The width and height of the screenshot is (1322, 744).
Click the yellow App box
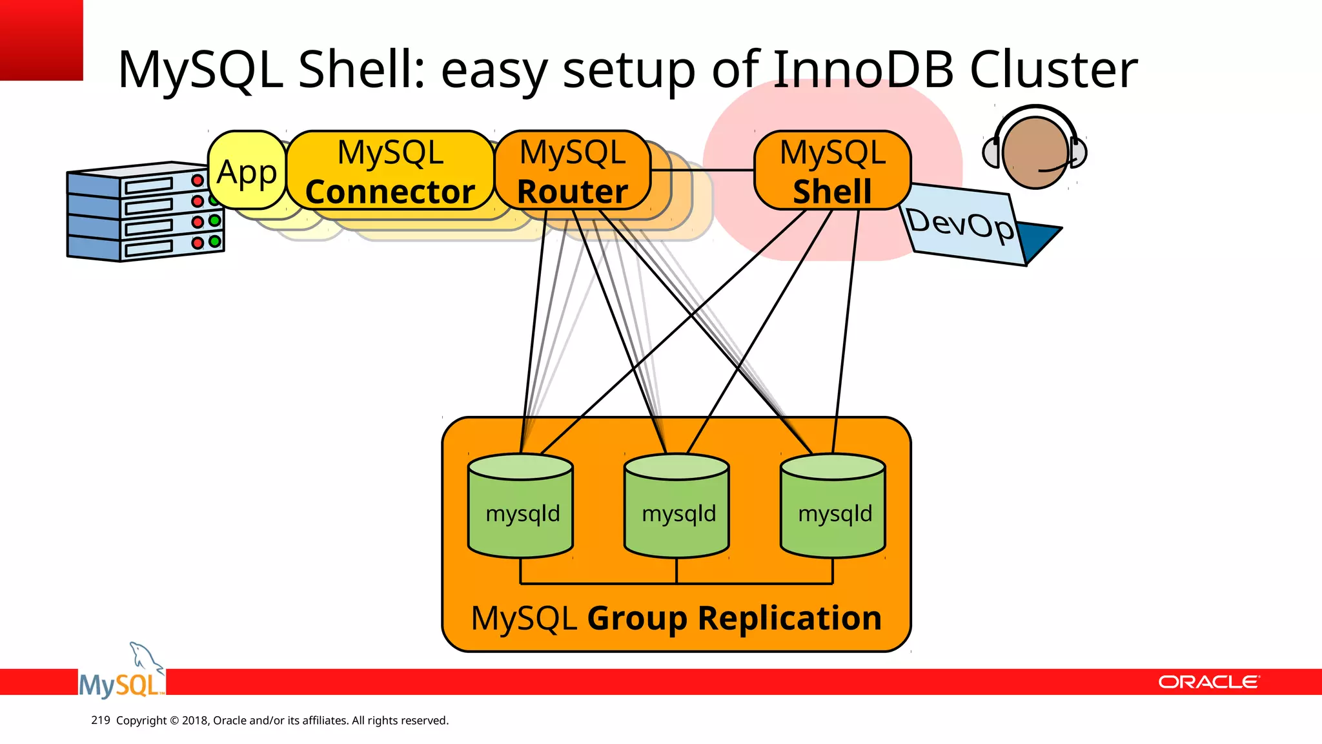pyautogui.click(x=247, y=170)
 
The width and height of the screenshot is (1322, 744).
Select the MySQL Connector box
pyautogui.click(x=390, y=171)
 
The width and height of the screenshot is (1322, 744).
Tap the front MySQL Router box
pyautogui.click(x=572, y=171)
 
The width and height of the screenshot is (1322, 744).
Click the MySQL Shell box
pyautogui.click(x=832, y=171)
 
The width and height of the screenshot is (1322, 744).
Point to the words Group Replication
pyautogui.click(x=734, y=618)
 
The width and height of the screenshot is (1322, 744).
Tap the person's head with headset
pyautogui.click(x=1035, y=152)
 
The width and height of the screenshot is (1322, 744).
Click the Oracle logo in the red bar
pyautogui.click(x=1208, y=682)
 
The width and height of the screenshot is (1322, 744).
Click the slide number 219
pyautogui.click(x=101, y=720)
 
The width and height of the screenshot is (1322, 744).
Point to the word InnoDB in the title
pyautogui.click(x=863, y=69)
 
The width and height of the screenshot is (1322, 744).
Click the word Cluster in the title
pyautogui.click(x=1053, y=69)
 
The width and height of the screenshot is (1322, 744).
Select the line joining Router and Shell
pyautogui.click(x=702, y=170)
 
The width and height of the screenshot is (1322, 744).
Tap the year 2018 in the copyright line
pyautogui.click(x=194, y=720)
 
